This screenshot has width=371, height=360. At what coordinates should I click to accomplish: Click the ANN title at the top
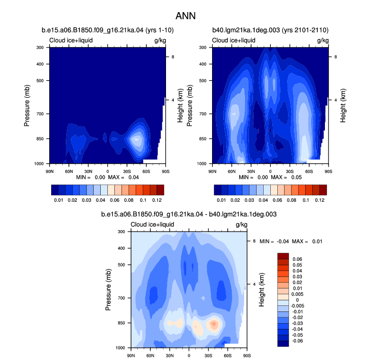[x=185, y=16]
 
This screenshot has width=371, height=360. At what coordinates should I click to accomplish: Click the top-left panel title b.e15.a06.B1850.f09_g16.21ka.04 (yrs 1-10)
[x=108, y=30]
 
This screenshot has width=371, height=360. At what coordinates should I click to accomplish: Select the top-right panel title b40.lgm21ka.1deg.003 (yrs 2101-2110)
[x=270, y=30]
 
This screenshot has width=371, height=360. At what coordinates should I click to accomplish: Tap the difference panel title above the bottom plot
[x=189, y=214]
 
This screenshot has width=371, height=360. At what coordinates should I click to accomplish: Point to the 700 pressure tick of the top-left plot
[x=40, y=114]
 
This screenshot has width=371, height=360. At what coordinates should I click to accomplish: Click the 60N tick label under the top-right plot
[x=232, y=171]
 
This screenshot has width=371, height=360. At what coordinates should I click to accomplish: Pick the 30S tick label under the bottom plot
[x=208, y=355]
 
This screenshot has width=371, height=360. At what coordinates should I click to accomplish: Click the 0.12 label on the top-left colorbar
[x=157, y=200]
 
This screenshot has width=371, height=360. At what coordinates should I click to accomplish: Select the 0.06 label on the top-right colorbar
[x=277, y=200]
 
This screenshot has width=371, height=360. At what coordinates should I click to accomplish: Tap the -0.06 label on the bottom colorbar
[x=298, y=341]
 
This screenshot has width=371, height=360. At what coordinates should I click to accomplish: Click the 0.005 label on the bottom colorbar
[x=298, y=294]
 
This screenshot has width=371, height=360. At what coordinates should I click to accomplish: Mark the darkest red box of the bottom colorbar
[x=283, y=256]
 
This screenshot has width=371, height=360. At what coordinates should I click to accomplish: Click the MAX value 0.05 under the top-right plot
[x=297, y=177]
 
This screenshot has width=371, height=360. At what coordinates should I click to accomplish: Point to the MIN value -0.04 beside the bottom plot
[x=283, y=241]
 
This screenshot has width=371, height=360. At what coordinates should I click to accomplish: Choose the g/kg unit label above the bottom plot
[x=241, y=224]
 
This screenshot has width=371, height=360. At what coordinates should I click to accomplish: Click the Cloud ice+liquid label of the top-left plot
[x=71, y=40]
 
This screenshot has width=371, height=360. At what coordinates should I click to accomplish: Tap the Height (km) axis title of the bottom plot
[x=262, y=290]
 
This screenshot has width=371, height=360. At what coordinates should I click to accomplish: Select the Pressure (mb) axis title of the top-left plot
[x=27, y=106]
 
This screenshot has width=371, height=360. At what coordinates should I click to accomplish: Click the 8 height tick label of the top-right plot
[x=336, y=57]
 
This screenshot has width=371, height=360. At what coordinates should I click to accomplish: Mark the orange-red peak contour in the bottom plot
[x=214, y=324]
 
